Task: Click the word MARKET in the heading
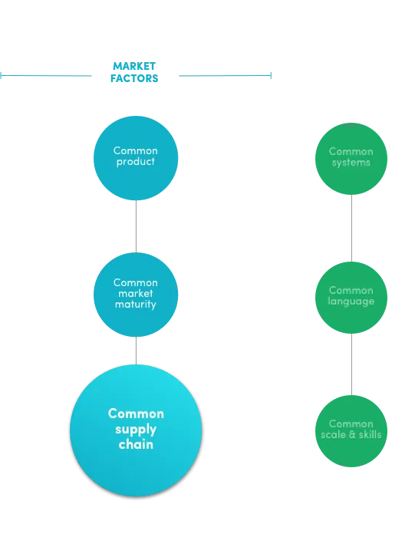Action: coord(134,66)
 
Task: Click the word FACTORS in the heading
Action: coord(134,78)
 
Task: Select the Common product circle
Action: coord(136,158)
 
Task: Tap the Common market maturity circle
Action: coord(136,295)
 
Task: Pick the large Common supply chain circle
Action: coord(136,430)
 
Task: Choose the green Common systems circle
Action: coord(351,159)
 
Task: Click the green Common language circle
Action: coord(351,298)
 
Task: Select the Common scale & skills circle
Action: coord(351,431)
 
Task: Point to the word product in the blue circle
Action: coord(136,162)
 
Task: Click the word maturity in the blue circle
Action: coord(136,305)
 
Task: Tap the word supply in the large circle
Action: coord(136,430)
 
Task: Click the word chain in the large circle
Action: coord(136,444)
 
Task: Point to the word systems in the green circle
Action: coord(351,163)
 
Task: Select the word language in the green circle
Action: coord(351,302)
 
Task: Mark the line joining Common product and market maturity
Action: coord(136,226)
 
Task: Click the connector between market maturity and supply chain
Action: coord(136,351)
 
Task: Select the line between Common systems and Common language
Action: coord(351,228)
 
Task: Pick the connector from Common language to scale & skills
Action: coord(351,364)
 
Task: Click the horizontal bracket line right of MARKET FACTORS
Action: coord(226,75)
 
